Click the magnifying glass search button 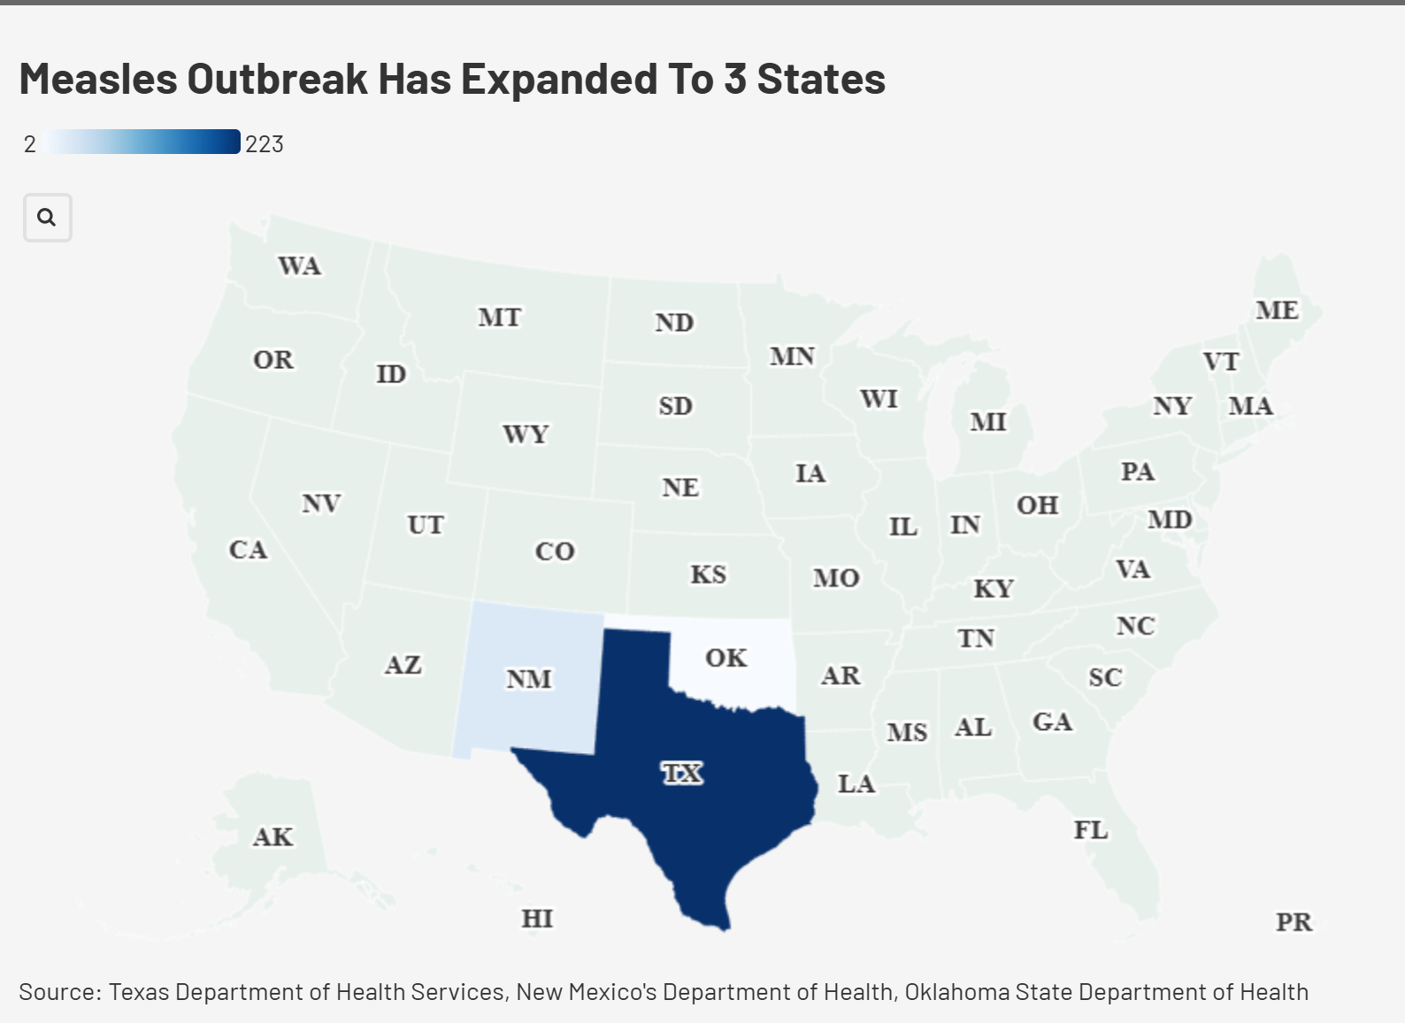coord(47,218)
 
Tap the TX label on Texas coord(682,773)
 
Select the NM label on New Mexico coord(529,679)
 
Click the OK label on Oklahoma coord(726,658)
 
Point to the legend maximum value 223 coord(265,144)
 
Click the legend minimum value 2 coord(30,144)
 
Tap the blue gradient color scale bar coord(142,142)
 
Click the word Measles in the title coord(98,79)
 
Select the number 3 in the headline coord(735,79)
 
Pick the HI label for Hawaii coord(537,919)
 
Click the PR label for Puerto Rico coord(1294,922)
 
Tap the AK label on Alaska coord(273,836)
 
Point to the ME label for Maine coord(1277,310)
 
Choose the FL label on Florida coord(1091,829)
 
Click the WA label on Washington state coord(300,265)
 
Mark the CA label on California coord(248,550)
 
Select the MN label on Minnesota coord(792,356)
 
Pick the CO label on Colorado coord(555,551)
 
